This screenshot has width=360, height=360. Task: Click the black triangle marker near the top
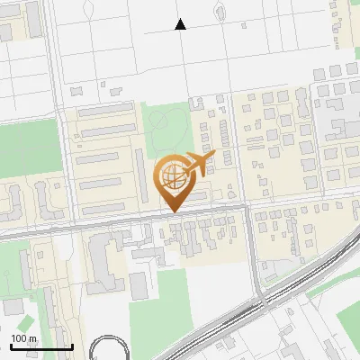pyautogui.click(x=181, y=24)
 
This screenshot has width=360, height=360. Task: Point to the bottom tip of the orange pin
pyautogui.click(x=173, y=211)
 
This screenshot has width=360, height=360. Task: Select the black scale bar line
pyautogui.click(x=41, y=346)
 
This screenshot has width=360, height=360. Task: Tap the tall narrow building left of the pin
pyautogui.click(x=139, y=176)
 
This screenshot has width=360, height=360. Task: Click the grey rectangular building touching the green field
pyautogui.click(x=138, y=286)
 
